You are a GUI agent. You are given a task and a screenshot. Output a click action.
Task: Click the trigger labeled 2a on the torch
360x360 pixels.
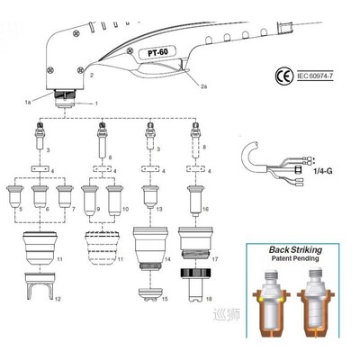171,76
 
